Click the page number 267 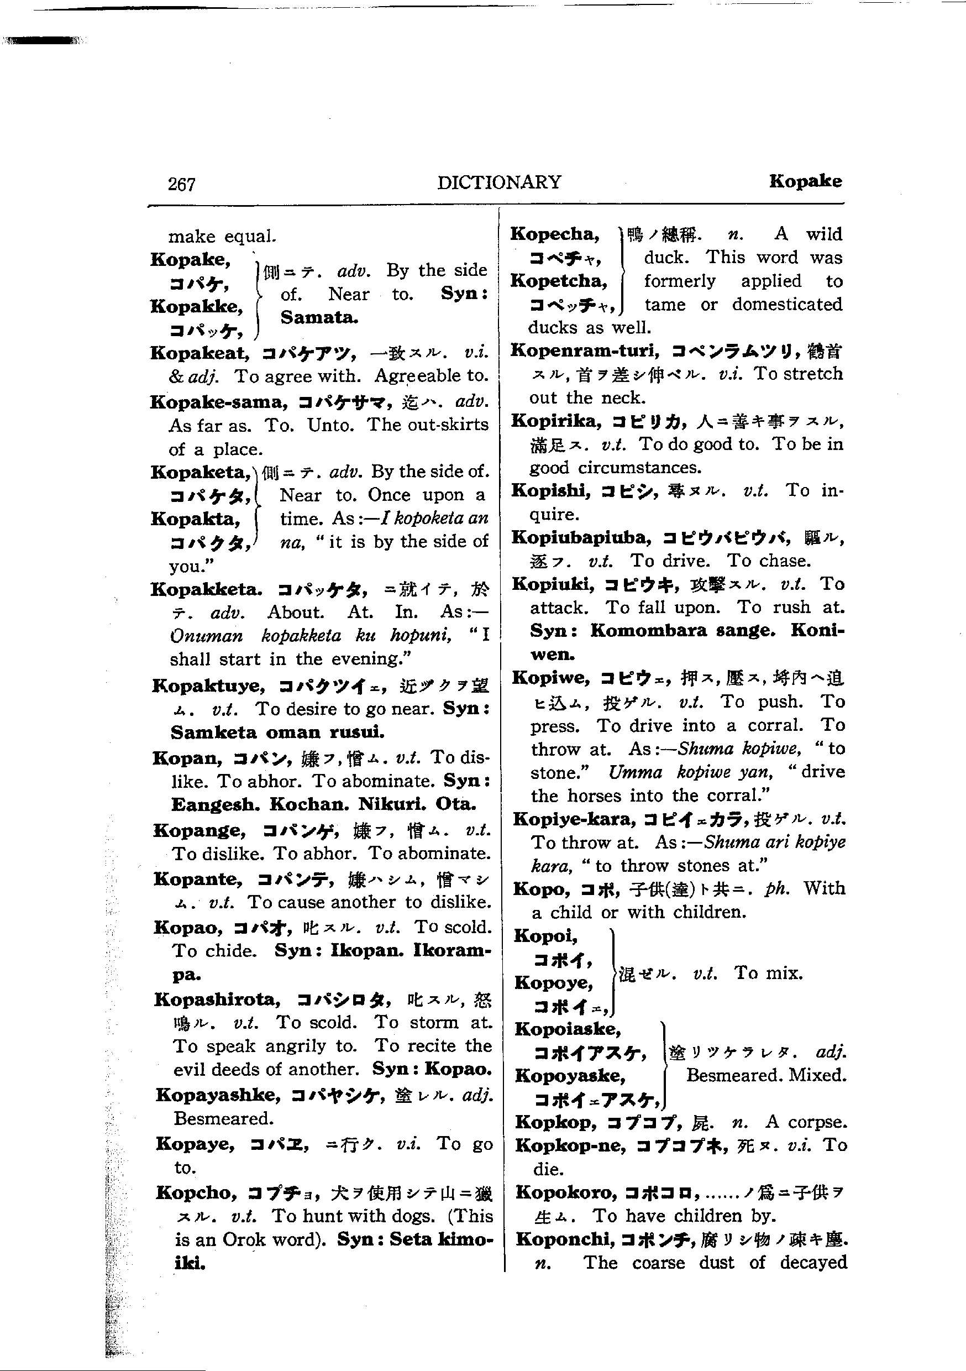[181, 184]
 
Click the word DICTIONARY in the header [499, 182]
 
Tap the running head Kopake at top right [805, 181]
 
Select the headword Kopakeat [200, 353]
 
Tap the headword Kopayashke [218, 1095]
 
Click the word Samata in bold [319, 318]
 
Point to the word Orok [244, 1239]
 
